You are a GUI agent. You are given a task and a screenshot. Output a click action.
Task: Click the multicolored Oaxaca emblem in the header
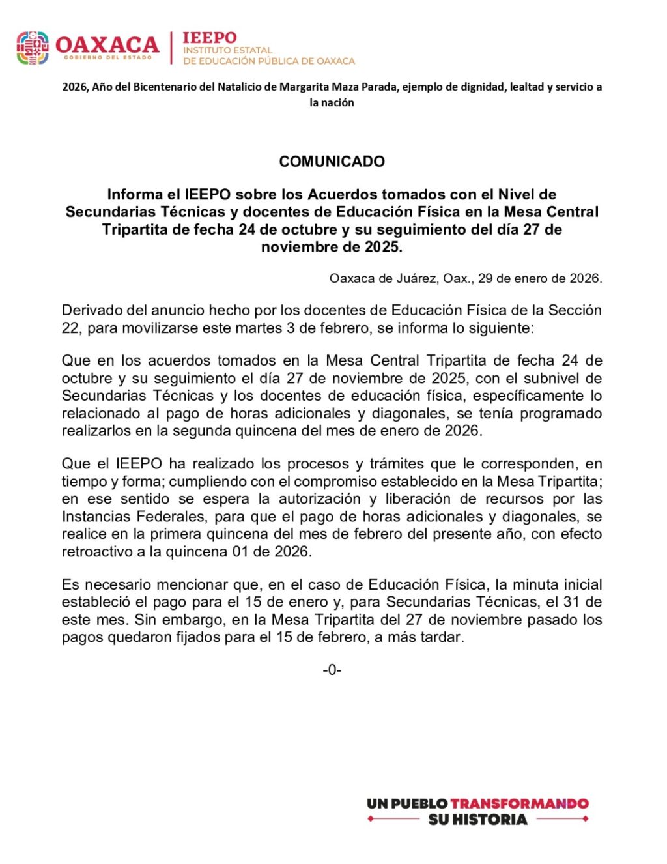click(x=33, y=48)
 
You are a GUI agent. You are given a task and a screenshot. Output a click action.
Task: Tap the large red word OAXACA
click(x=107, y=44)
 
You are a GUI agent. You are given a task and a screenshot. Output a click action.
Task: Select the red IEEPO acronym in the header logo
click(x=210, y=38)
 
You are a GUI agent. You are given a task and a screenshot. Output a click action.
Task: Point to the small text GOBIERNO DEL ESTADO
click(x=107, y=58)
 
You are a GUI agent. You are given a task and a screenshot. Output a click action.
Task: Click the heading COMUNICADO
click(x=332, y=162)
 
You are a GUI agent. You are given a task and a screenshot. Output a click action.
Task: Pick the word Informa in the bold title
click(x=135, y=195)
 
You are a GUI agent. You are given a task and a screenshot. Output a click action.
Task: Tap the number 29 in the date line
click(x=486, y=278)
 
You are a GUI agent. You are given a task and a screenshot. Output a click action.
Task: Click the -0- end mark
click(x=332, y=670)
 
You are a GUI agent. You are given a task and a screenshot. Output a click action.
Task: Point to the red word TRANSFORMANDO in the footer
click(x=519, y=803)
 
